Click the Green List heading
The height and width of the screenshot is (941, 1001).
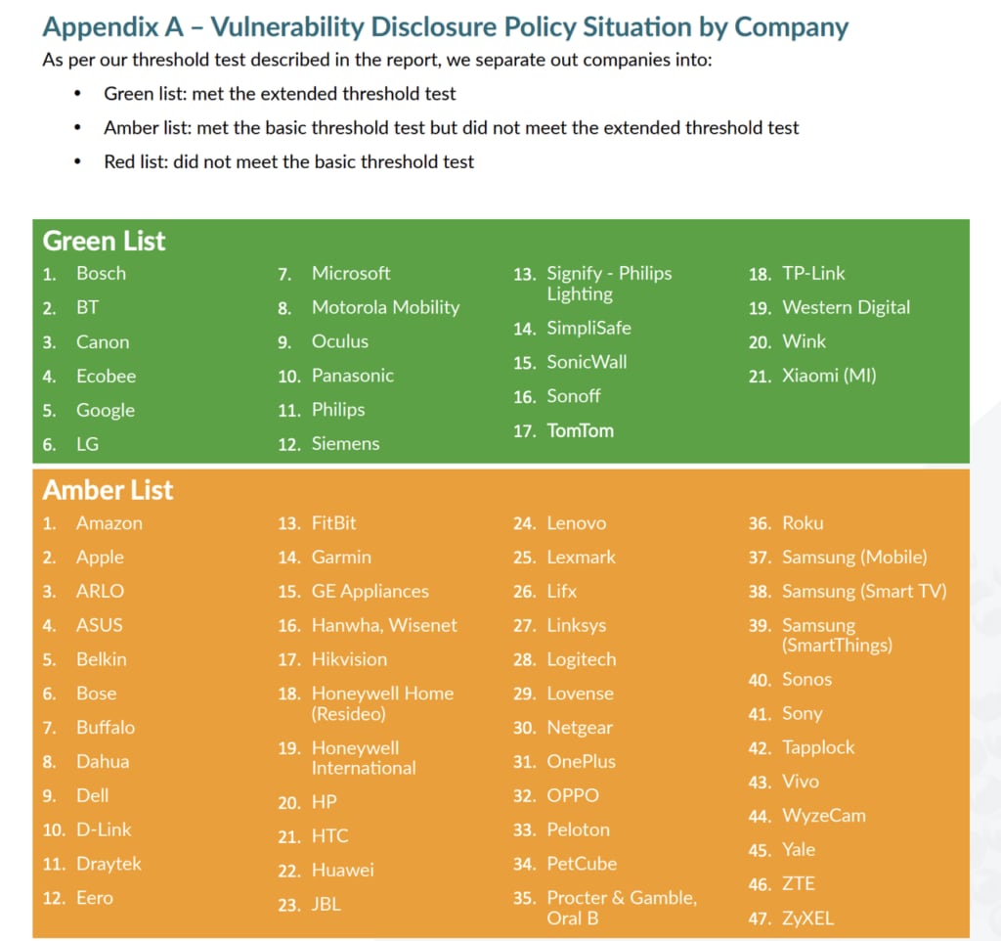pyautogui.click(x=104, y=241)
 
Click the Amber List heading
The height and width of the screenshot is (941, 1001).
pyautogui.click(x=108, y=490)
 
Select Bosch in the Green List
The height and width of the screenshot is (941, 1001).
pyautogui.click(x=101, y=273)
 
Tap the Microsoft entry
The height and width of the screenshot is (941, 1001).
pyautogui.click(x=350, y=273)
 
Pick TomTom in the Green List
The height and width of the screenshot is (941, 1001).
pyautogui.click(x=580, y=430)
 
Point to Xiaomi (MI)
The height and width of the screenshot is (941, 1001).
pyautogui.click(x=829, y=375)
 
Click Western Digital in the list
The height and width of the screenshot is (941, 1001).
pyautogui.click(x=846, y=307)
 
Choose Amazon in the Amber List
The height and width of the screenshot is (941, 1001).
pyautogui.click(x=109, y=523)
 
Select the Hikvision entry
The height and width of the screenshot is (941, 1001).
pyautogui.click(x=349, y=659)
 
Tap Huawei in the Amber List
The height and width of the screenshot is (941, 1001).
pyautogui.click(x=342, y=870)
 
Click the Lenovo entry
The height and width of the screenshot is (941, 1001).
pyautogui.click(x=576, y=523)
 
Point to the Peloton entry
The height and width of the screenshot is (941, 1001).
pyautogui.click(x=578, y=829)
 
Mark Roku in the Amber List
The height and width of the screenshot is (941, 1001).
pyautogui.click(x=803, y=523)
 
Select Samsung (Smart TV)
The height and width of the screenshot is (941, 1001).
pyautogui.click(x=864, y=591)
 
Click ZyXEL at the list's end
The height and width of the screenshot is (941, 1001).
pyautogui.click(x=807, y=919)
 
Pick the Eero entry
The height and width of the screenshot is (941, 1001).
pyautogui.click(x=95, y=897)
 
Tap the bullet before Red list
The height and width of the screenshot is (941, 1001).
pyautogui.click(x=78, y=161)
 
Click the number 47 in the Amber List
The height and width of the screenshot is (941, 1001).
pyautogui.click(x=760, y=919)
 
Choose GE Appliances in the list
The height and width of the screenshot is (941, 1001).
pyautogui.click(x=370, y=591)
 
